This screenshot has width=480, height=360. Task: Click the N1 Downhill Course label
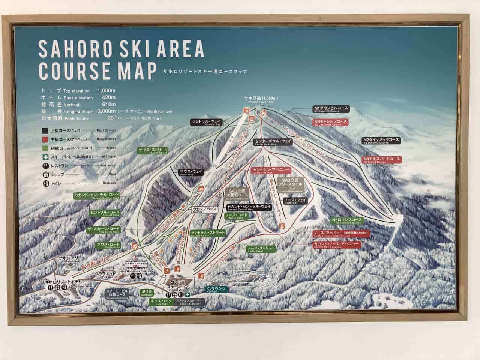coord(331,109)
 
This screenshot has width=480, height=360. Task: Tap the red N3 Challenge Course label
coord(331,123)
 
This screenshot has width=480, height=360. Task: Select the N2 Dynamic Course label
coord(381,141)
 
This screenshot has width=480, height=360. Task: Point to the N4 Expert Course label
coord(381,160)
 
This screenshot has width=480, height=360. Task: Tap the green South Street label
coord(152,151)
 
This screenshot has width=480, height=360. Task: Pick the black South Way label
coord(191,172)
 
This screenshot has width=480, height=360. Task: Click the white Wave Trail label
coord(204,210)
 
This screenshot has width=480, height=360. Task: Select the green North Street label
coord(261,249)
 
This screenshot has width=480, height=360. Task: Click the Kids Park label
coord(161,301)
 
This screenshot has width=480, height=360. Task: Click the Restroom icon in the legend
coord(45,183)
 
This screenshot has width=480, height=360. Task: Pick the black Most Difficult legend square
coord(45,131)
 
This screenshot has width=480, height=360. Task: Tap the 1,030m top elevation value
coord(106,90)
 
